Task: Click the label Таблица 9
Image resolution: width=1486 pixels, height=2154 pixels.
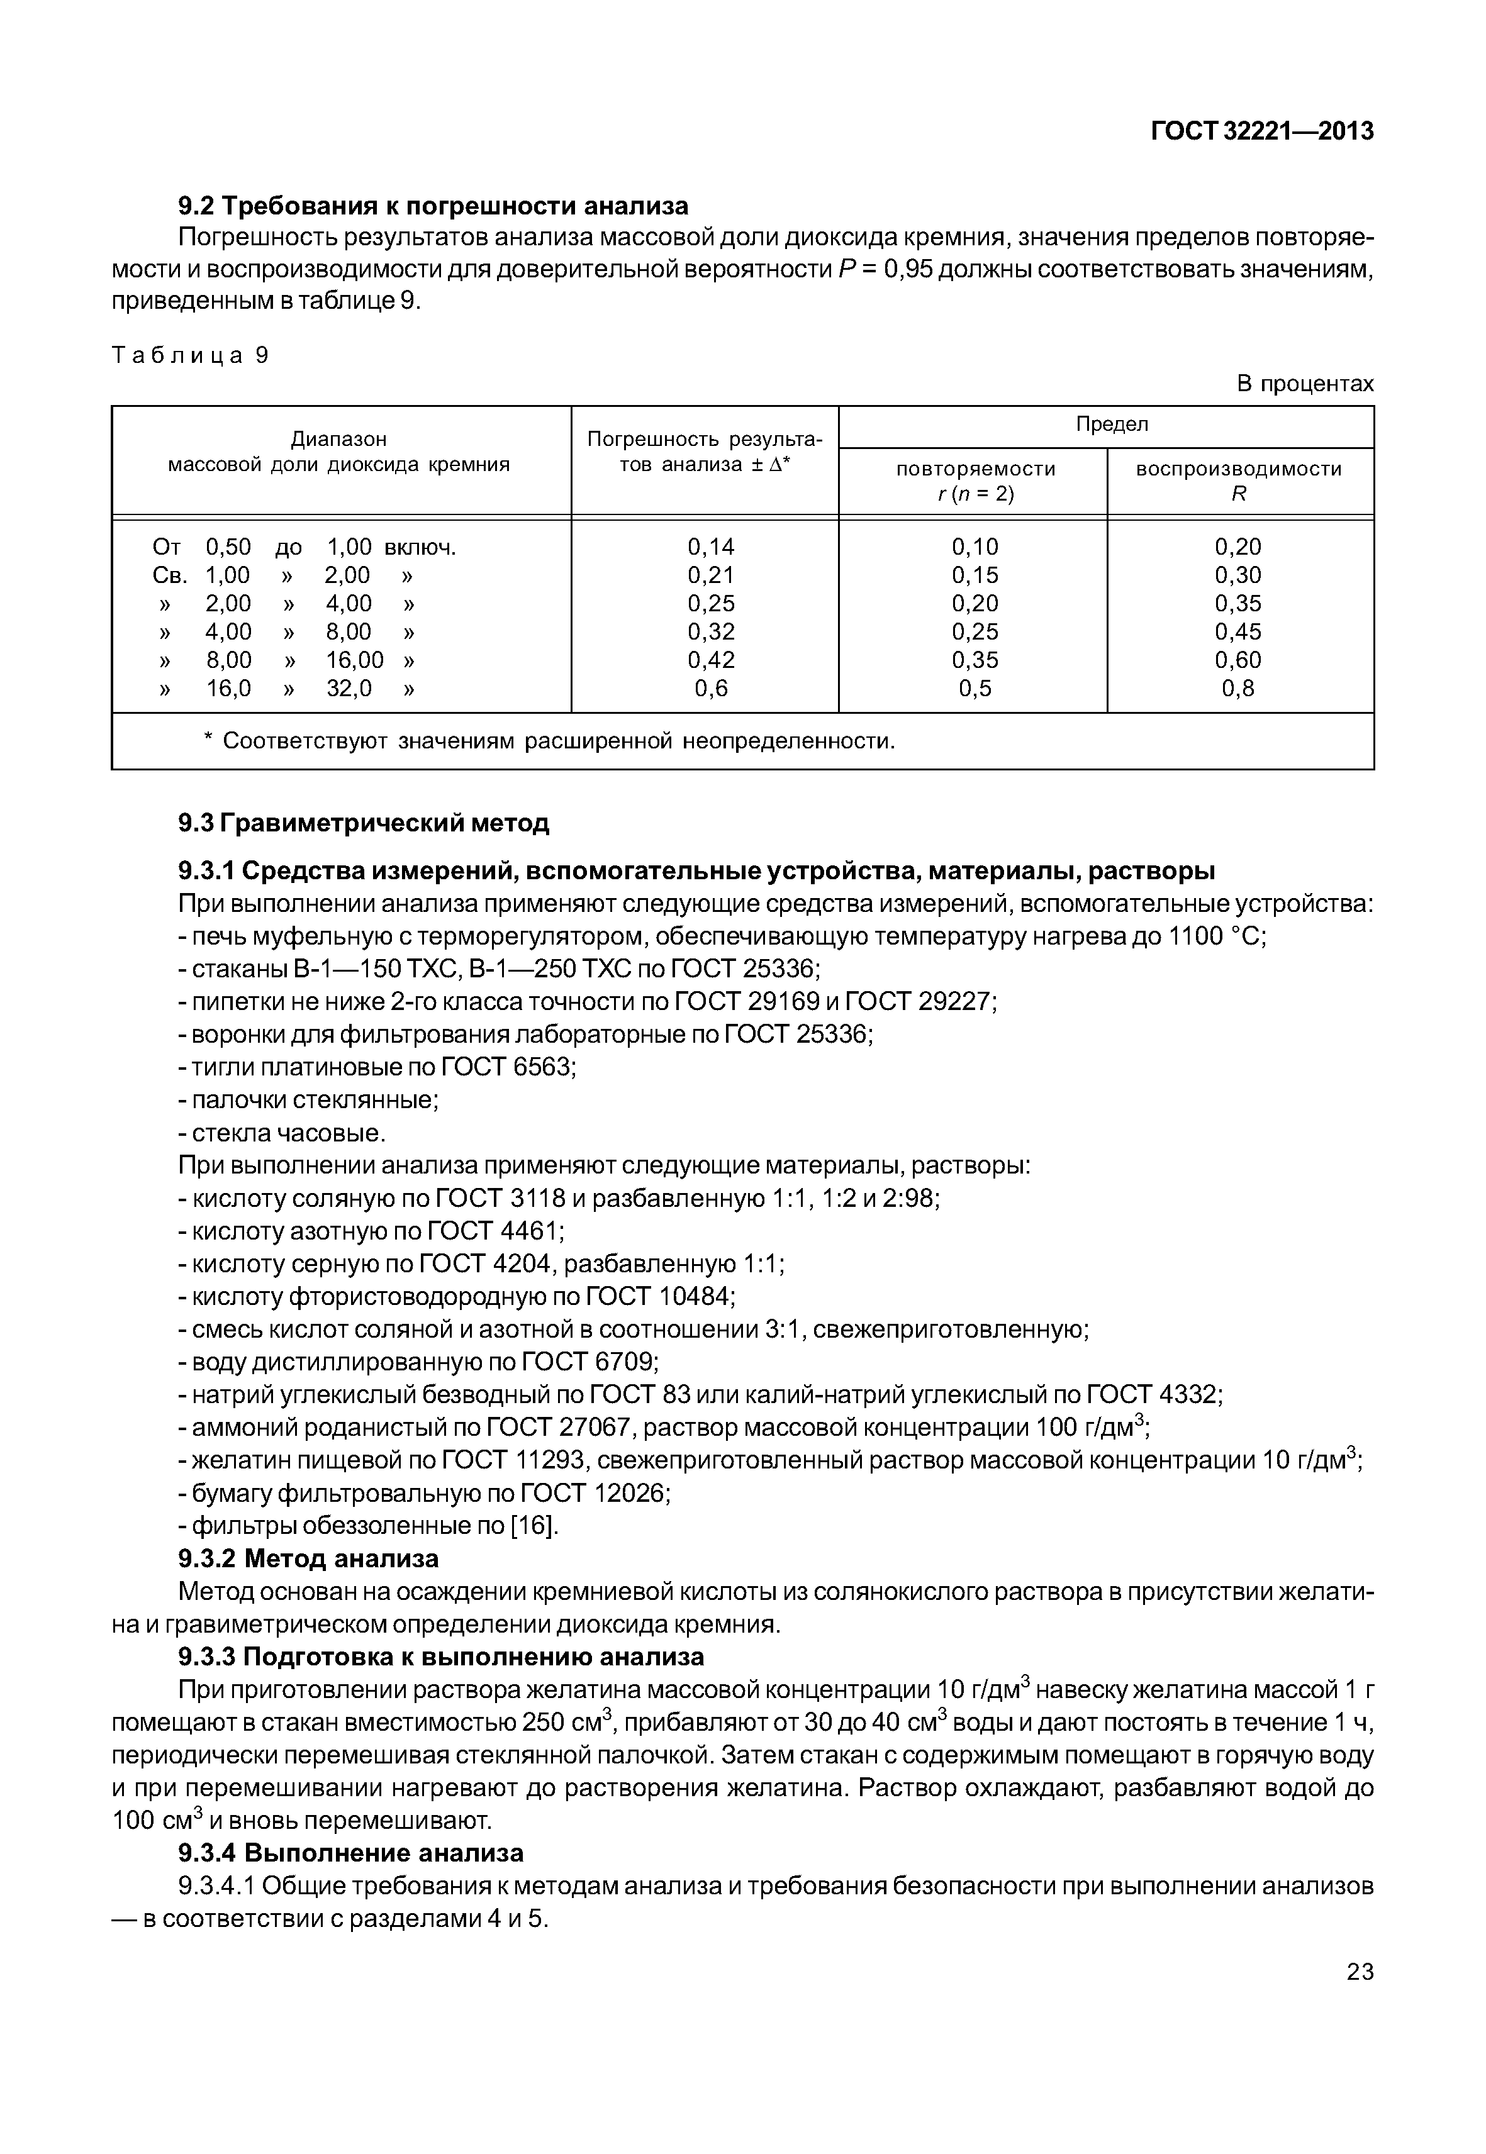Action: coord(190,355)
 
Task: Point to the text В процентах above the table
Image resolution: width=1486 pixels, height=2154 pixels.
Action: coord(1304,384)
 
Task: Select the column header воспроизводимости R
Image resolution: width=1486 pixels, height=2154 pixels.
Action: coord(1238,481)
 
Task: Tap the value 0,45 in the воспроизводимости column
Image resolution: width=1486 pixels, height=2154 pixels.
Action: coord(1237,632)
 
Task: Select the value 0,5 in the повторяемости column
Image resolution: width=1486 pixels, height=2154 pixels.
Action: coord(975,689)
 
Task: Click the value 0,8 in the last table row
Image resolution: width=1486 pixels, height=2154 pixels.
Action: coord(1237,689)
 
